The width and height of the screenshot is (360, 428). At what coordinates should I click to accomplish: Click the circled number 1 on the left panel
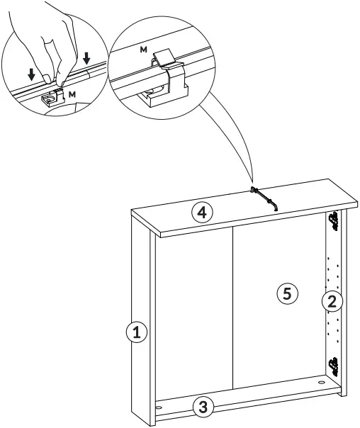[137, 332]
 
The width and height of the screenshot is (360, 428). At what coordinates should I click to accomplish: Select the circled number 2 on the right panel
[332, 302]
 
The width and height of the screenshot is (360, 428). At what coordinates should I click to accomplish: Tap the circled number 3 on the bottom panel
[203, 407]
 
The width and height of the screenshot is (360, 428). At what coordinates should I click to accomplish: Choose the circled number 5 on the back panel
[287, 293]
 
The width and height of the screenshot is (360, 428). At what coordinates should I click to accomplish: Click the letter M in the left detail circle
[74, 93]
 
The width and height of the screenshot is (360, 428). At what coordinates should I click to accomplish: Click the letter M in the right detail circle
[144, 50]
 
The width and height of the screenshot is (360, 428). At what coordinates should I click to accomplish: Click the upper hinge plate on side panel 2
[333, 222]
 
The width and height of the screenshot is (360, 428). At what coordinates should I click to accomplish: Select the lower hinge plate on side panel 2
[333, 366]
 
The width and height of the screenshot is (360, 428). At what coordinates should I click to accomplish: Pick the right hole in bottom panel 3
[323, 382]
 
